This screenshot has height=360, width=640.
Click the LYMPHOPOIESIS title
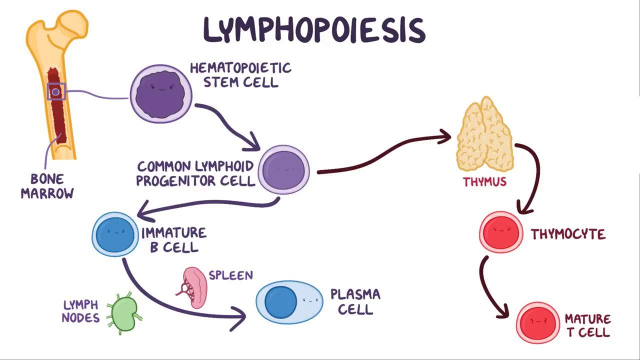[314, 30]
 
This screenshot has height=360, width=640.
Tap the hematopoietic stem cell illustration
[161, 94]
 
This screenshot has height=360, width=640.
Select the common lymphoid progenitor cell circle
[283, 170]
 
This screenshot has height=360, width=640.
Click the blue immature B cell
[115, 234]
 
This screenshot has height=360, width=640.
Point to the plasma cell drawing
[289, 302]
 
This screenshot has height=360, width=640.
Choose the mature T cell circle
[538, 321]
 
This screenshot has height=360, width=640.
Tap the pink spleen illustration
[194, 287]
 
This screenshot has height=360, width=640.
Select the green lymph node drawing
[123, 313]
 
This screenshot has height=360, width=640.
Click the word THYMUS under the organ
[484, 181]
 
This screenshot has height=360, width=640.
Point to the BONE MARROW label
[47, 186]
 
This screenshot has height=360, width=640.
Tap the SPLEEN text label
[230, 275]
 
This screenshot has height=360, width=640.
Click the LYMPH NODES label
[81, 311]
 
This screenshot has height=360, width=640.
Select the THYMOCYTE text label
[568, 234]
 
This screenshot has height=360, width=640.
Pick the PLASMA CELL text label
[355, 301]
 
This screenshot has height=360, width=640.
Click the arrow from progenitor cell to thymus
[385, 155]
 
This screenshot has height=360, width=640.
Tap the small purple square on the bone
[56, 91]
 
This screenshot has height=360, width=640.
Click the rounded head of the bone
[73, 25]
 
